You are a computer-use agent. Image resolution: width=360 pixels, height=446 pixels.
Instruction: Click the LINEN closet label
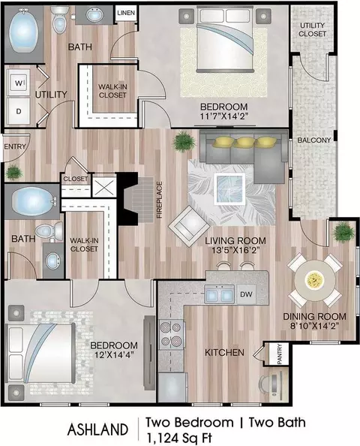click(x=126, y=13)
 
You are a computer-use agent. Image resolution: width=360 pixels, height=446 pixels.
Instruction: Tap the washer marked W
click(x=19, y=83)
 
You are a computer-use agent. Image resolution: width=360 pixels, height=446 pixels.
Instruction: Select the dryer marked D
click(x=19, y=111)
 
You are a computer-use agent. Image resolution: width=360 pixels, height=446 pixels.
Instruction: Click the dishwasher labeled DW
click(x=246, y=294)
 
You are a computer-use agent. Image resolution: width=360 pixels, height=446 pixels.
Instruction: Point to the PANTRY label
click(x=279, y=354)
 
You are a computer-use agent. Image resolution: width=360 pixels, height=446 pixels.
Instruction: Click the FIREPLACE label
click(x=159, y=200)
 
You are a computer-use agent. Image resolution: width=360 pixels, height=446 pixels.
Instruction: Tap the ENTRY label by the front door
click(x=15, y=146)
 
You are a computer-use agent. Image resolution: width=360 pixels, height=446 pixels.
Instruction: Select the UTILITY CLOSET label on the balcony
click(x=312, y=29)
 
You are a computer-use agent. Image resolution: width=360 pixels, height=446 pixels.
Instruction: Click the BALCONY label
click(x=314, y=140)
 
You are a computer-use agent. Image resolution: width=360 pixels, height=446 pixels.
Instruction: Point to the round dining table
click(x=315, y=281)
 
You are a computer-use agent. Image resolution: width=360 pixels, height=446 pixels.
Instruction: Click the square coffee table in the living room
click(x=229, y=189)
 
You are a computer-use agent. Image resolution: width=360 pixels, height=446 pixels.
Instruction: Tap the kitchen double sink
click(x=219, y=294)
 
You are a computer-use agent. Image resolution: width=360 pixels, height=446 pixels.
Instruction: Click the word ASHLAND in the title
click(x=97, y=429)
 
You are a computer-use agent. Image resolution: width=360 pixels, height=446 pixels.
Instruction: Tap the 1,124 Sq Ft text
click(x=178, y=438)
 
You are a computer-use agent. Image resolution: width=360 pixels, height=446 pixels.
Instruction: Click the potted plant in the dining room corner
click(x=344, y=233)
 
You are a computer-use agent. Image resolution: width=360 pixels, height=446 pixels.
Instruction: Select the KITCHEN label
click(x=224, y=353)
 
